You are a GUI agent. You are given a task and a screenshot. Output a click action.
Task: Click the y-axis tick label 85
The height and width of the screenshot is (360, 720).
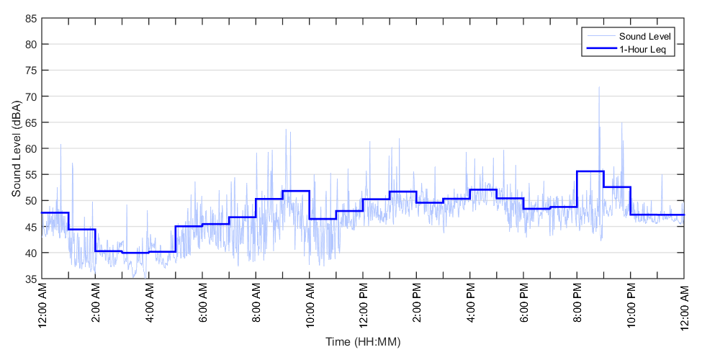tap(32, 18)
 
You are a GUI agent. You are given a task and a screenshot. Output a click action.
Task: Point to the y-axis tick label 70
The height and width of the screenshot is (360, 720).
tap(32, 96)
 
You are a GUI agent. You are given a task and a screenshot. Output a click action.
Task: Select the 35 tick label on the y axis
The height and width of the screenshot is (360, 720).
tap(32, 279)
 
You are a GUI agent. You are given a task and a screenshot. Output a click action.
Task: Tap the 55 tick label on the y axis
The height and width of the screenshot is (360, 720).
tap(32, 174)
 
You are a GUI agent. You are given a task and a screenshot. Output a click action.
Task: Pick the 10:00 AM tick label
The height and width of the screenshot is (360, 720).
tap(310, 306)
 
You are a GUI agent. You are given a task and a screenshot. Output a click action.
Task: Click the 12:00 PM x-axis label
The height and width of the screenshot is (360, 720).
tap(363, 306)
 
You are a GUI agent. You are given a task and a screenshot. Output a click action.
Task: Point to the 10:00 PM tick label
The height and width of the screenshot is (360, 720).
tap(631, 306)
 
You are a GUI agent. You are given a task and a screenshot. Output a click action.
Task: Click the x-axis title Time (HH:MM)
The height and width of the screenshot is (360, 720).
tap(362, 341)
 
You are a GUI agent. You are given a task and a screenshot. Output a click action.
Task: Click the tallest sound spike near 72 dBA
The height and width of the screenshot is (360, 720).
tap(598, 88)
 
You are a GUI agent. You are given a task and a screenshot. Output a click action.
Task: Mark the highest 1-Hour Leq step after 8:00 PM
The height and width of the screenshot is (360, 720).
tap(590, 171)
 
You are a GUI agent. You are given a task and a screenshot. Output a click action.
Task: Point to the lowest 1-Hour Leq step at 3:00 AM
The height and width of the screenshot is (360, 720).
tap(135, 253)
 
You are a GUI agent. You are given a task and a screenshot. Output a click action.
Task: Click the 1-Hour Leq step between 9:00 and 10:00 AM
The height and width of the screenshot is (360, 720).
tap(296, 191)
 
